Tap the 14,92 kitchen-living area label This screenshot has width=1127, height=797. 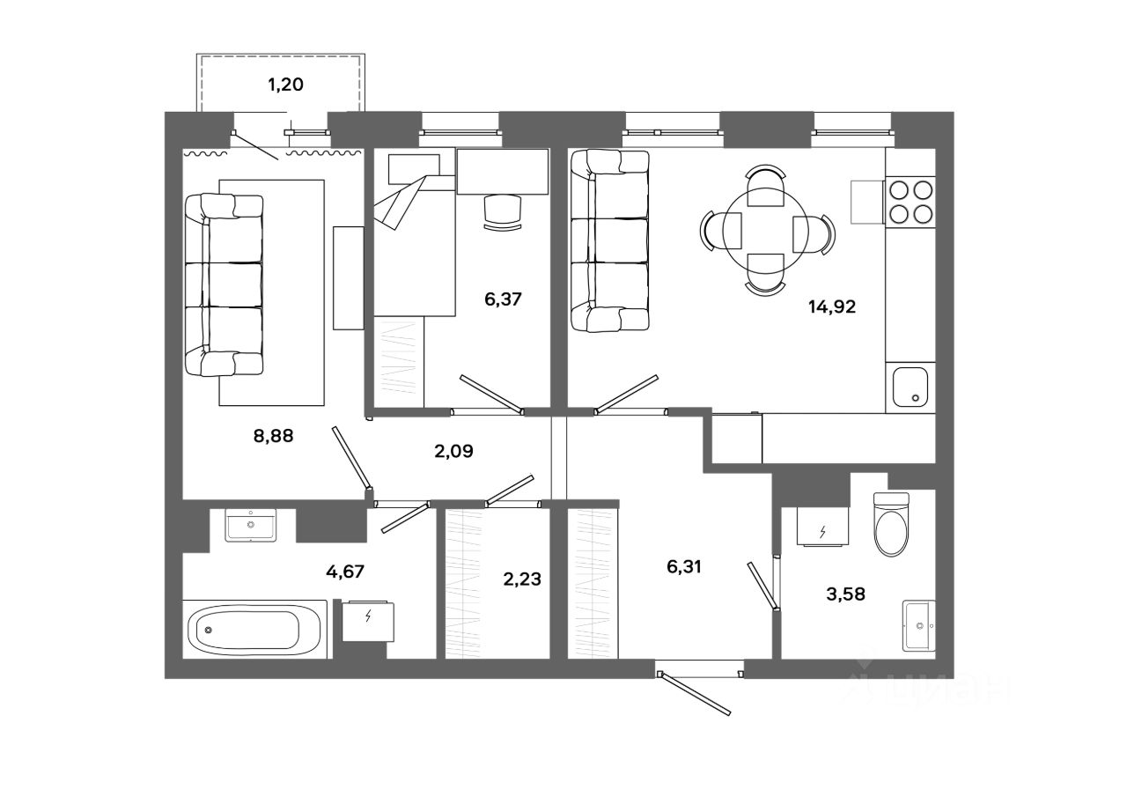pos(832,307)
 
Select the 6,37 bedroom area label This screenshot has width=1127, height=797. pos(504,299)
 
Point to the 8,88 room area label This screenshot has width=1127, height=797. pos(273,433)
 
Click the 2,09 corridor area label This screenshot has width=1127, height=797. pos(454,452)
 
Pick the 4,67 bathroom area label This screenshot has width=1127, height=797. pos(345,571)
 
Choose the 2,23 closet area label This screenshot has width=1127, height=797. pos(522,579)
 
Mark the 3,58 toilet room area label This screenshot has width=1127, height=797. pos(845,594)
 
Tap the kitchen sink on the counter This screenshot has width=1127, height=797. pos(910,387)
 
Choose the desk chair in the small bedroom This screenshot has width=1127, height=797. pos(503,213)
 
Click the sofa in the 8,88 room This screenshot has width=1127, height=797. pos(224,285)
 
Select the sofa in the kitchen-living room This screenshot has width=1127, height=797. pos(609,240)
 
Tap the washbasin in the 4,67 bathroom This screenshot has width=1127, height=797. pos(251,525)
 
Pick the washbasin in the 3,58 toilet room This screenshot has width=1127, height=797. pos(920,626)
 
